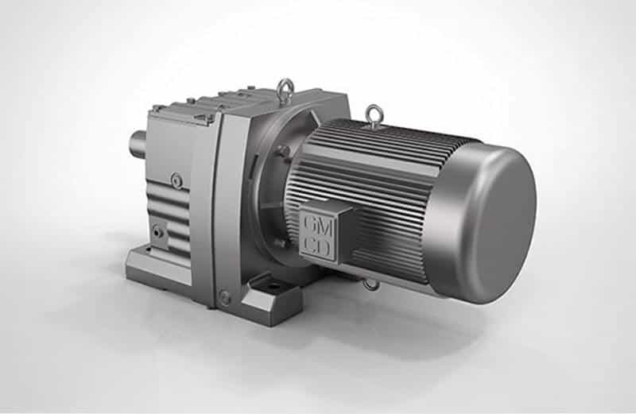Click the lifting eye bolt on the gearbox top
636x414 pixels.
(286, 89)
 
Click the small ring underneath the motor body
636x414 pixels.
(371, 284)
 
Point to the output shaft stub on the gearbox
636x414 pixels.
(138, 144)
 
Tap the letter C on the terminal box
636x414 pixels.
(310, 244)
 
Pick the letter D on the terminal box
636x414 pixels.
(324, 247)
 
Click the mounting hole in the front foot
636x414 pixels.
(274, 287)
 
